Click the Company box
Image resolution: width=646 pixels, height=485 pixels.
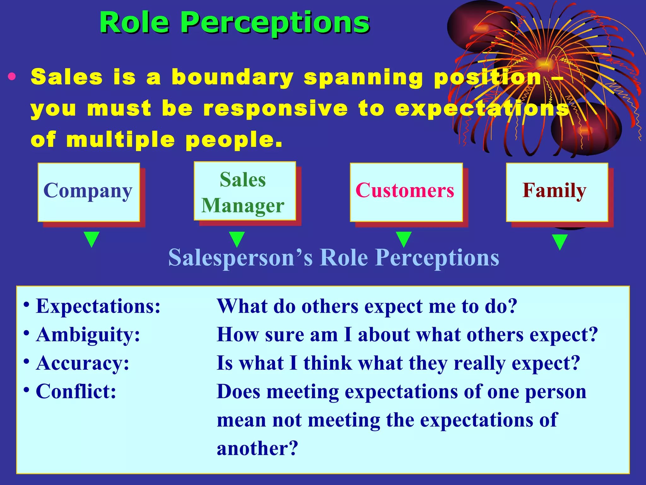89,192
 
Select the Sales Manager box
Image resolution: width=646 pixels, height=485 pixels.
244,191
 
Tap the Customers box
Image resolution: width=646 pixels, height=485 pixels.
406,192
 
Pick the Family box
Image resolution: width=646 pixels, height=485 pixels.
557,192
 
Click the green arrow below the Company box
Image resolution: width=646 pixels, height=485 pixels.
91,239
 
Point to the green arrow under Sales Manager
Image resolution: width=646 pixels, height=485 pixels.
237,239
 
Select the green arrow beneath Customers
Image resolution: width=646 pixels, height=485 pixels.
403,239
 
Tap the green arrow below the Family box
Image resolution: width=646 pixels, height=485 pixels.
560,242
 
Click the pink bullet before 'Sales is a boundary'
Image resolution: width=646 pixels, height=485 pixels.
12,77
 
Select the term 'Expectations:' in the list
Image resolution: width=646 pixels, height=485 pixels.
98,306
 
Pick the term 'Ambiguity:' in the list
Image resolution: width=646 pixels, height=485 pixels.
88,335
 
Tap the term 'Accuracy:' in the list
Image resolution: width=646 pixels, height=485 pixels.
83,363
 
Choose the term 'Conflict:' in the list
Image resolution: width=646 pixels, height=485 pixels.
76,392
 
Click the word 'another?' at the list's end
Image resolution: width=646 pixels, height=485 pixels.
257,448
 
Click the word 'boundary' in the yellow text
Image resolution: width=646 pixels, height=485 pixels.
232,77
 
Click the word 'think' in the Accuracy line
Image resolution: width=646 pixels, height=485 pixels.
327,363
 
